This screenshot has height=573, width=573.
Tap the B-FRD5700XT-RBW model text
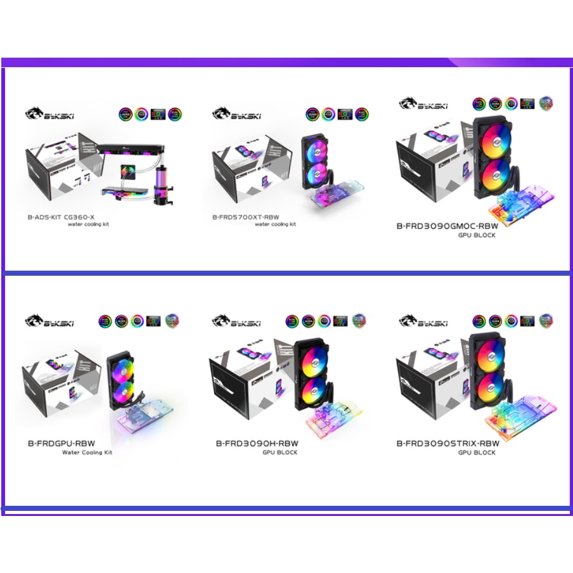(245, 217)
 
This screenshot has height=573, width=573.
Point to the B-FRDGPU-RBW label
(61, 443)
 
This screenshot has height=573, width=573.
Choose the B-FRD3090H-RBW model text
(257, 443)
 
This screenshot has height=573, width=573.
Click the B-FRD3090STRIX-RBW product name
(447, 443)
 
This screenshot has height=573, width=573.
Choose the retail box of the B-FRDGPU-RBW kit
(60, 383)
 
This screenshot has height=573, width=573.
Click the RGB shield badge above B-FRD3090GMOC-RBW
(546, 104)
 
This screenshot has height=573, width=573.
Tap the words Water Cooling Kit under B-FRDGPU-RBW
(87, 453)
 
